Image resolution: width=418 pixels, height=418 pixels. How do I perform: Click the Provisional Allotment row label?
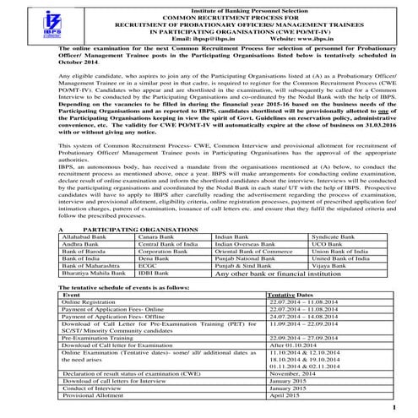tap(92, 395)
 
